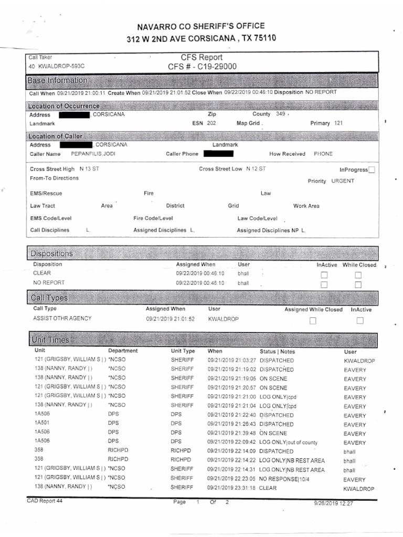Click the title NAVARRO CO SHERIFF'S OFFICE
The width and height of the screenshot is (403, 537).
[x=201, y=26]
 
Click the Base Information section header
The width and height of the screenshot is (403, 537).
[x=58, y=80]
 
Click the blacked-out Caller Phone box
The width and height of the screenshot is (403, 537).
[x=218, y=154]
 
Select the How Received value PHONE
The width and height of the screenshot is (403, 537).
[x=323, y=154]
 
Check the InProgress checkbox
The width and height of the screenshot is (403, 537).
[x=372, y=170]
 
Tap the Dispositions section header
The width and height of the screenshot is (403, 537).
[x=51, y=253]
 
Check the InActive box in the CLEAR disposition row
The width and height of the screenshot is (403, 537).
[x=324, y=275]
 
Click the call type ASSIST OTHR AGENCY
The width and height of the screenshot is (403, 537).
[x=62, y=318]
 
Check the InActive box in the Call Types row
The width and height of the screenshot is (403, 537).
[x=360, y=321]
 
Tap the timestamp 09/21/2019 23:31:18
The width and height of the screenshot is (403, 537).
[x=231, y=488]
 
